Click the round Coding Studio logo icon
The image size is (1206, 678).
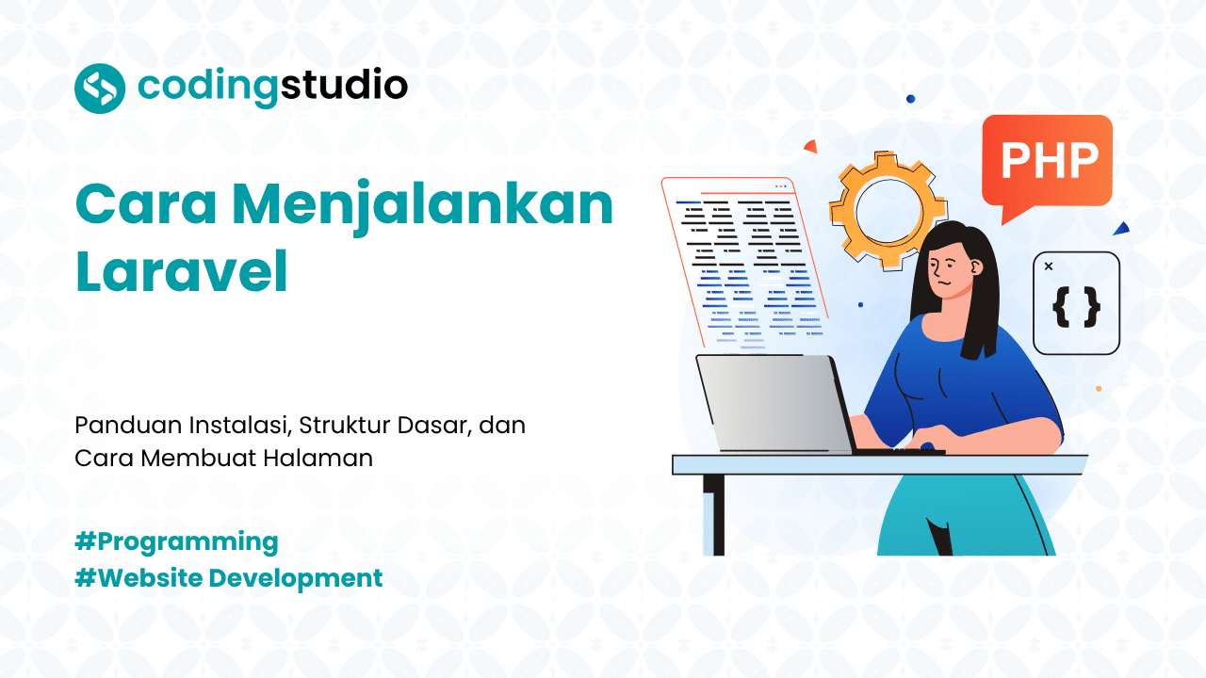[x=100, y=88]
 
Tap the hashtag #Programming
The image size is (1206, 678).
[x=176, y=541]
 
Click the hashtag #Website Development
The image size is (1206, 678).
[x=229, y=577]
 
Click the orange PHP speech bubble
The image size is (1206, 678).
[x=1047, y=161]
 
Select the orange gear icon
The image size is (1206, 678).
[x=888, y=209]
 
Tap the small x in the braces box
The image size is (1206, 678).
[x=1049, y=266]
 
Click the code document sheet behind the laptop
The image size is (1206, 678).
[x=744, y=264]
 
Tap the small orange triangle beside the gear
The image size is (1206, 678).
[x=809, y=146]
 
